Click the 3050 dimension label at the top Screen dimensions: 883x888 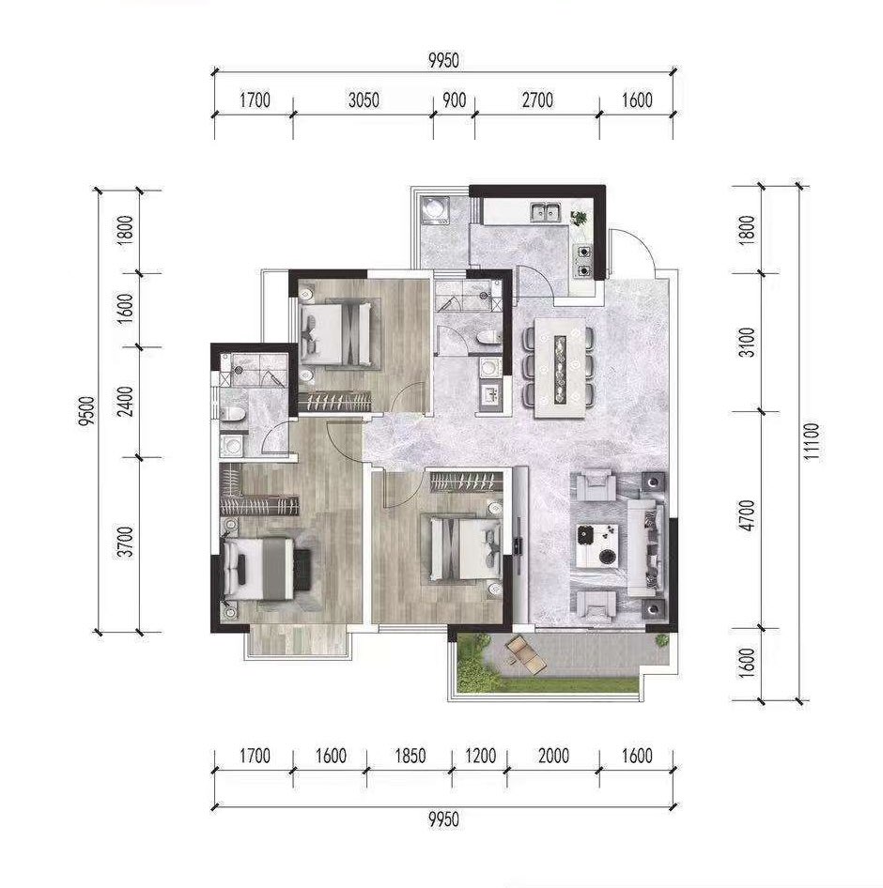[x=364, y=100]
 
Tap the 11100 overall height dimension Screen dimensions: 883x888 [x=812, y=442]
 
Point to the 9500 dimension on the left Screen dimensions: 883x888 [x=87, y=411]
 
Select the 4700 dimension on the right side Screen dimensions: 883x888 [x=748, y=515]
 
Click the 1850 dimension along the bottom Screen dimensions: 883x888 [x=410, y=756]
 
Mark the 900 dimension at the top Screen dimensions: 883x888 [x=454, y=100]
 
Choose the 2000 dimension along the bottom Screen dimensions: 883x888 [x=553, y=756]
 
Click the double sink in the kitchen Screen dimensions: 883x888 [x=545, y=212]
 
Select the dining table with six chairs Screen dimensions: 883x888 [x=560, y=367]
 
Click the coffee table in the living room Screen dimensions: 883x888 [x=596, y=546]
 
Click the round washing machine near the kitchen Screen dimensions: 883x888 [x=435, y=209]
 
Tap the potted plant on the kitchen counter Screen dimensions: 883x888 [x=580, y=218]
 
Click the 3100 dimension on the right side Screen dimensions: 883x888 [x=748, y=342]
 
